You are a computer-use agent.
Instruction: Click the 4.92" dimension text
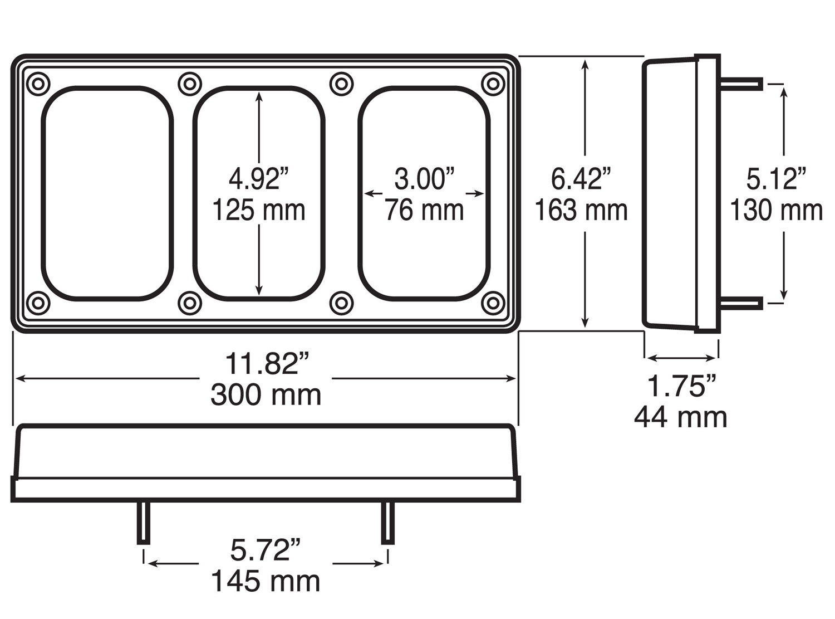tap(259, 179)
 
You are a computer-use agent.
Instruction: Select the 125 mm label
tap(259, 211)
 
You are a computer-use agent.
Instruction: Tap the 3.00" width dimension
tap(424, 179)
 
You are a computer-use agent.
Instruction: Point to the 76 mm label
tap(424, 211)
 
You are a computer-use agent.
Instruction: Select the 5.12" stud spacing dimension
tap(776, 179)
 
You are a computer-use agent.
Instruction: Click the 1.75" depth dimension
tap(681, 386)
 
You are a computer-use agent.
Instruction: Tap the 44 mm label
tap(681, 417)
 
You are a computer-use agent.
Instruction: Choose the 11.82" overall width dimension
tap(266, 364)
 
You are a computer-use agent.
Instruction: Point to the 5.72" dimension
tap(266, 550)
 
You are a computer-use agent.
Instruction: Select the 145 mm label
tap(266, 582)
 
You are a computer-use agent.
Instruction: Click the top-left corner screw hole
tap(38, 84)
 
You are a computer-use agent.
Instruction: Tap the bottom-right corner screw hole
tap(493, 304)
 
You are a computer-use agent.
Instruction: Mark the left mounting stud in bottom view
tap(143, 523)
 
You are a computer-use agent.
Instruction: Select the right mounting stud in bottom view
tap(387, 523)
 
